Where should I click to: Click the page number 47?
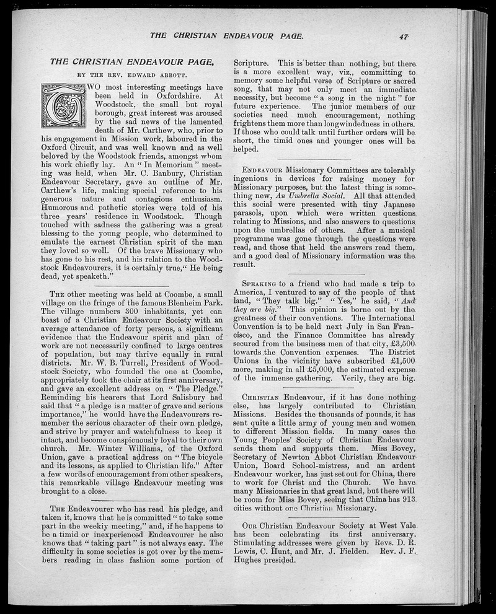click(x=404, y=37)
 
